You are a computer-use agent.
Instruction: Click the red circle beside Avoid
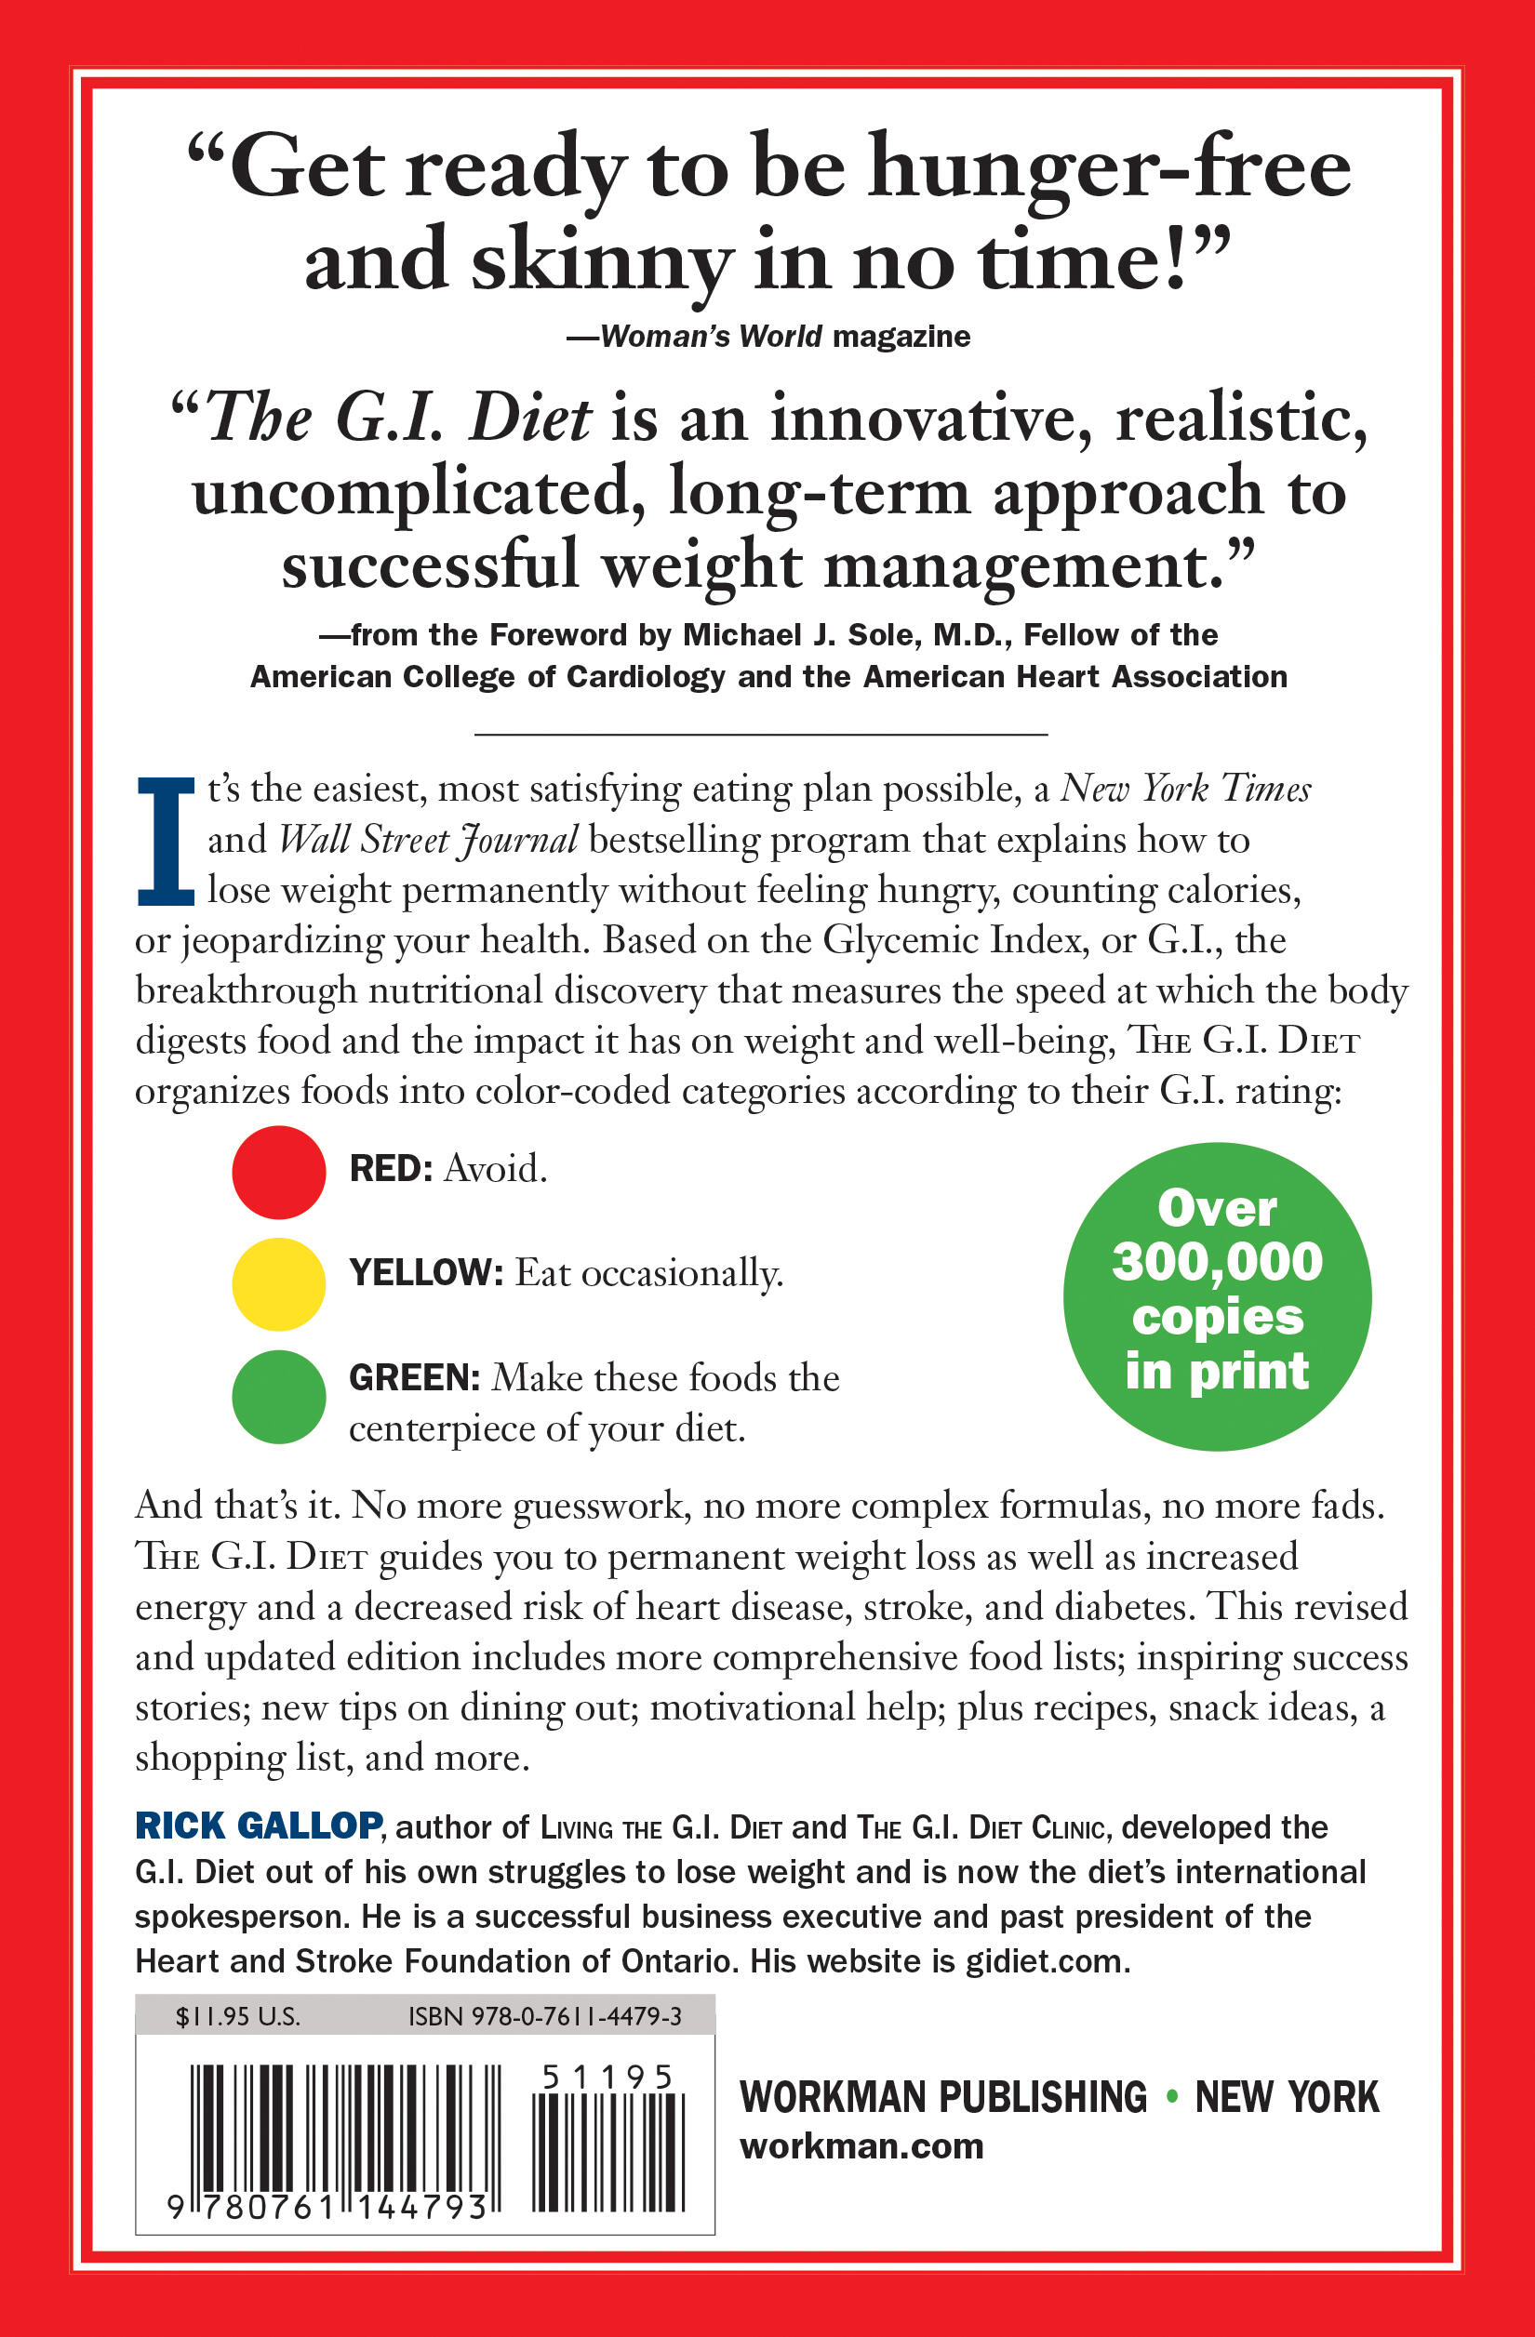(279, 1172)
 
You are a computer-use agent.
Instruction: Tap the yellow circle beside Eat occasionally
(279, 1283)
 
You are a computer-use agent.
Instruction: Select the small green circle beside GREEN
(279, 1396)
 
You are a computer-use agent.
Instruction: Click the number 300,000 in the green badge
(1217, 1262)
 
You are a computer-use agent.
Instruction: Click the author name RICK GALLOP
(259, 1826)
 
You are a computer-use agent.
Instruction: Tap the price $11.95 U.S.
(237, 2017)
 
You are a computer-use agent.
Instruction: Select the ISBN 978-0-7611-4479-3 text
(545, 2017)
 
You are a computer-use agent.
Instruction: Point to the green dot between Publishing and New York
(1170, 2096)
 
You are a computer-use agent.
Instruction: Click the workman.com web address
(861, 2146)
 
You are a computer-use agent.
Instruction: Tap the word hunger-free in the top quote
(1109, 169)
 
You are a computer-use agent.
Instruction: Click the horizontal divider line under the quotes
(761, 734)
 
